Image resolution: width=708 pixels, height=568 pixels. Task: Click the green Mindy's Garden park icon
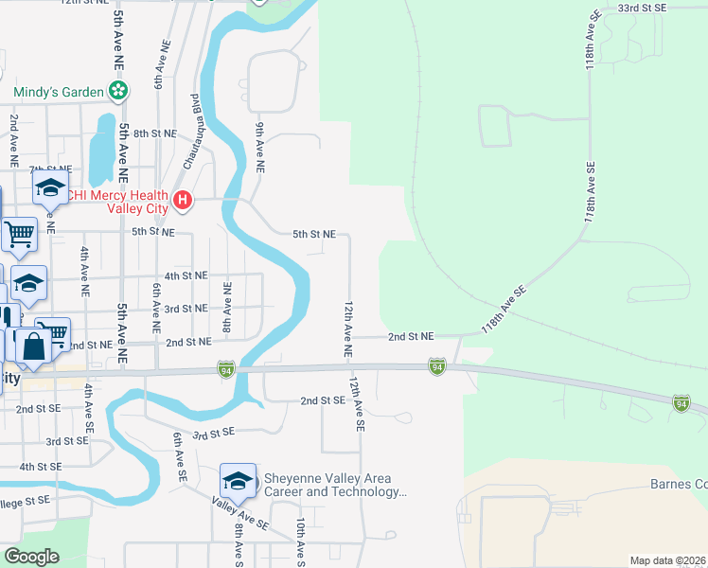click(119, 92)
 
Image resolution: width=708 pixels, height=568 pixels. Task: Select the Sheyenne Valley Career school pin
click(238, 481)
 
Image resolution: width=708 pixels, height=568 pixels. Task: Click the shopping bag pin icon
click(34, 346)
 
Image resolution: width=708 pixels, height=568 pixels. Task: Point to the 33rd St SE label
click(642, 8)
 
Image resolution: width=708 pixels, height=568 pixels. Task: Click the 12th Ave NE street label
click(348, 329)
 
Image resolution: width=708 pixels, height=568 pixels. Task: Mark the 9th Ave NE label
click(259, 146)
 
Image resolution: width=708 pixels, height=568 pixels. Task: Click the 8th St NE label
click(154, 134)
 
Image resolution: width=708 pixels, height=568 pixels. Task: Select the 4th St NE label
click(186, 275)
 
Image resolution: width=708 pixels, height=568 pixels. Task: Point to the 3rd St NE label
click(186, 309)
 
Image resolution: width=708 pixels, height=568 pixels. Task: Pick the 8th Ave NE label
click(227, 306)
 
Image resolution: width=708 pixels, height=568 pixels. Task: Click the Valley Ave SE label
click(240, 513)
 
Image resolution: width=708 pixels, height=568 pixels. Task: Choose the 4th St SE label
click(40, 467)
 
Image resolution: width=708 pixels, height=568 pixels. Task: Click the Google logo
click(31, 557)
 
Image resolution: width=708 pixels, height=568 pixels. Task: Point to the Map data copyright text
click(666, 560)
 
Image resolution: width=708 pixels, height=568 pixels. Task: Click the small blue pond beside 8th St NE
click(100, 151)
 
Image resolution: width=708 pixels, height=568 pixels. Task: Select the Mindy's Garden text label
click(58, 92)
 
